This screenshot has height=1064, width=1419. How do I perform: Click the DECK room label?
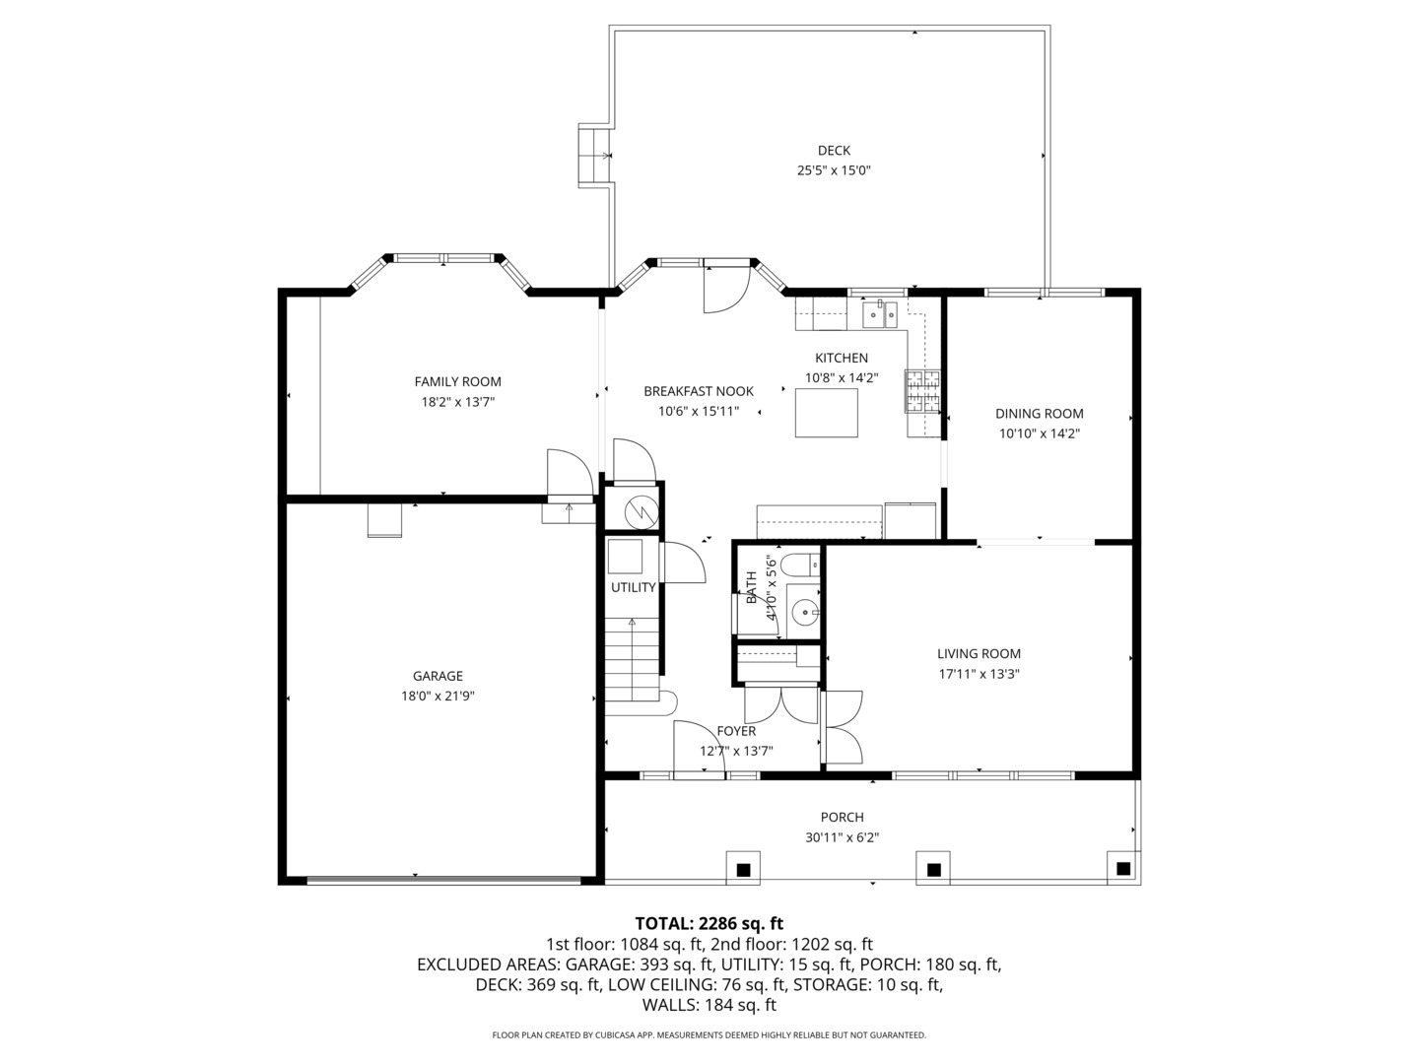[x=833, y=151]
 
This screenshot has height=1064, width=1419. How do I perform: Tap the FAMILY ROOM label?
[x=457, y=382]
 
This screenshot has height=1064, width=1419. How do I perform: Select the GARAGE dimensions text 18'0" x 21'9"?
[x=438, y=696]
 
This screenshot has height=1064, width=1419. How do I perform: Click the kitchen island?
[x=826, y=413]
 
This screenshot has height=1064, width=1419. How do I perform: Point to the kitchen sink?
[x=879, y=314]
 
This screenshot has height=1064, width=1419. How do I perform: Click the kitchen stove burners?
[x=922, y=391]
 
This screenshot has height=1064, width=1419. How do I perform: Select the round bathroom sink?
[x=806, y=613]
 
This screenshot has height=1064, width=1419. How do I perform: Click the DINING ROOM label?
[x=1039, y=414]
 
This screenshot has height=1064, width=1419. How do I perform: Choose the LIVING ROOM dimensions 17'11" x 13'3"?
[x=979, y=675]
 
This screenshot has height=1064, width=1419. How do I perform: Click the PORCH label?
[x=842, y=817]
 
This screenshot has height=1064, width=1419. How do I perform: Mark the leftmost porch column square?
[x=743, y=869]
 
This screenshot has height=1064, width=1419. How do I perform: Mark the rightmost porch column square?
[x=1122, y=868]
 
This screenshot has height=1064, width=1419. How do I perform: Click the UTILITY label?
[x=633, y=588]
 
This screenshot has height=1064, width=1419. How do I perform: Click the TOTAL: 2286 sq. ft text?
[x=709, y=923]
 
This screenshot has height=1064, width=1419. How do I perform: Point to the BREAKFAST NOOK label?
[x=698, y=391]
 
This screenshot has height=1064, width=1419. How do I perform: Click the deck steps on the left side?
[x=594, y=155]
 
